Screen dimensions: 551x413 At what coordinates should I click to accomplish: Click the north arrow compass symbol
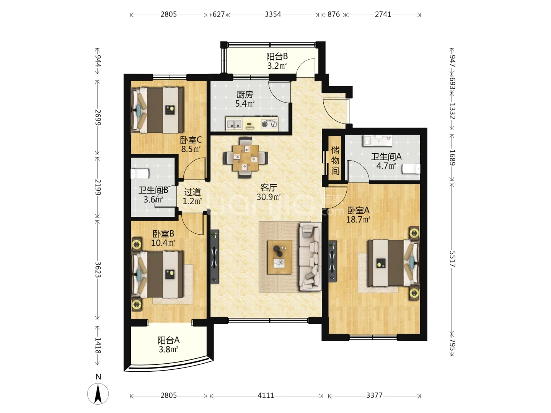click(98, 394)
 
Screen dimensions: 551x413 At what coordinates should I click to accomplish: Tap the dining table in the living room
click(246, 158)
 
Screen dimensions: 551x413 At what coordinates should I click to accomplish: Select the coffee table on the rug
click(280, 257)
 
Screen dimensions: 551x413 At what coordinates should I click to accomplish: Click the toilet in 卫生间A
click(411, 169)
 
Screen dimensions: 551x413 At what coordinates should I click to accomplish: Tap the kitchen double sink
click(234, 124)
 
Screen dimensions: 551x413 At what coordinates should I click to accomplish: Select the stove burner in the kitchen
click(269, 124)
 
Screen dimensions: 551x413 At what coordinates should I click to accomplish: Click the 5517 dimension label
click(452, 259)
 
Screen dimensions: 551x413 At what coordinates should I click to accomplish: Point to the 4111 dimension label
click(266, 395)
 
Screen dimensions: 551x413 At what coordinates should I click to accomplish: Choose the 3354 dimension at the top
click(273, 14)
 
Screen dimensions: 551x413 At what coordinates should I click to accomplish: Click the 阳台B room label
click(277, 57)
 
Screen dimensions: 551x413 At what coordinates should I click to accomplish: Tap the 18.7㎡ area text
click(358, 220)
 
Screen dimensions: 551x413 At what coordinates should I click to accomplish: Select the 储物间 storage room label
click(335, 161)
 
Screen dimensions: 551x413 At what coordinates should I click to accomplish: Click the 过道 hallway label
click(192, 192)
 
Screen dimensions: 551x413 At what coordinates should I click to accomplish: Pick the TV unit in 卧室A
click(333, 261)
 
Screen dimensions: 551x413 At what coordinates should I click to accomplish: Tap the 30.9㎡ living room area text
click(269, 197)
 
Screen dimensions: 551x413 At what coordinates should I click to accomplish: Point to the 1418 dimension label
click(98, 346)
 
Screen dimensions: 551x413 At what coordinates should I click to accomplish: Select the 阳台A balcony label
click(168, 340)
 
